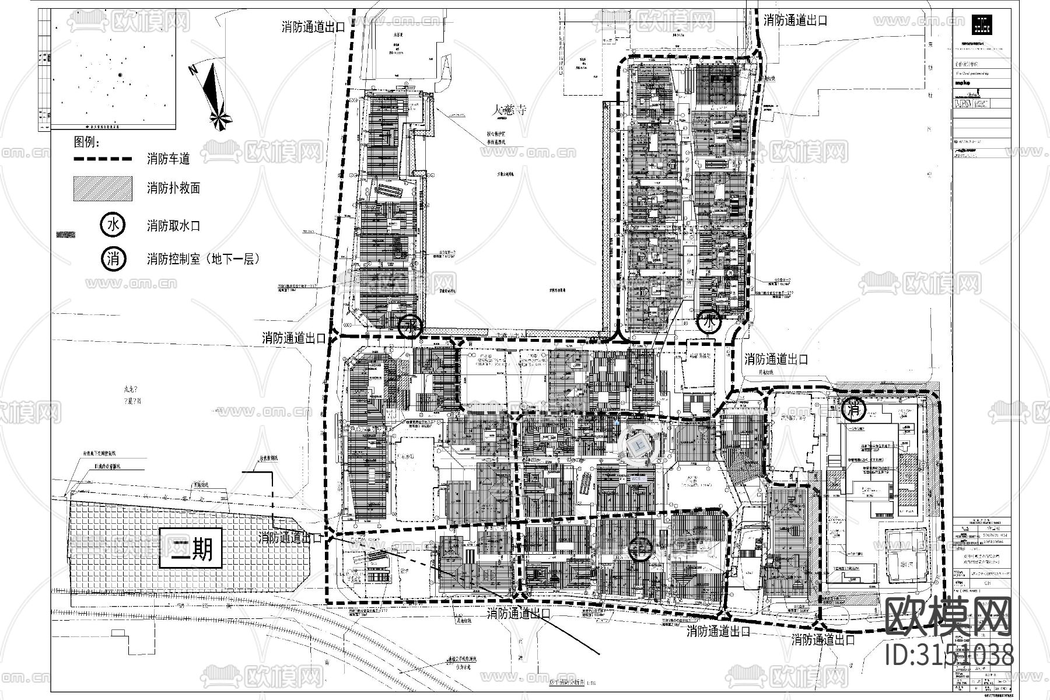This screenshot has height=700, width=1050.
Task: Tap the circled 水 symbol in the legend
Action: (x=113, y=225)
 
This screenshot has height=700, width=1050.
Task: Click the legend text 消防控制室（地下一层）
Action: (x=202, y=259)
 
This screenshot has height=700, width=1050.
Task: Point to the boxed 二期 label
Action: (x=191, y=548)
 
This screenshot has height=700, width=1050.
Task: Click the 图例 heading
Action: (x=87, y=142)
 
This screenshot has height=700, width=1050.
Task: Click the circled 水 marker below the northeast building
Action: (x=709, y=321)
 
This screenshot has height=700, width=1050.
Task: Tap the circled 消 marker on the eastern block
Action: (x=854, y=409)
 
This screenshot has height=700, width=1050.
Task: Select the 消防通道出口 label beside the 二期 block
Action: (x=289, y=538)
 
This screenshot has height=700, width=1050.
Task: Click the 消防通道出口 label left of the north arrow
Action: (x=313, y=27)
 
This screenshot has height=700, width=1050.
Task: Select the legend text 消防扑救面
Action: (x=173, y=188)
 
